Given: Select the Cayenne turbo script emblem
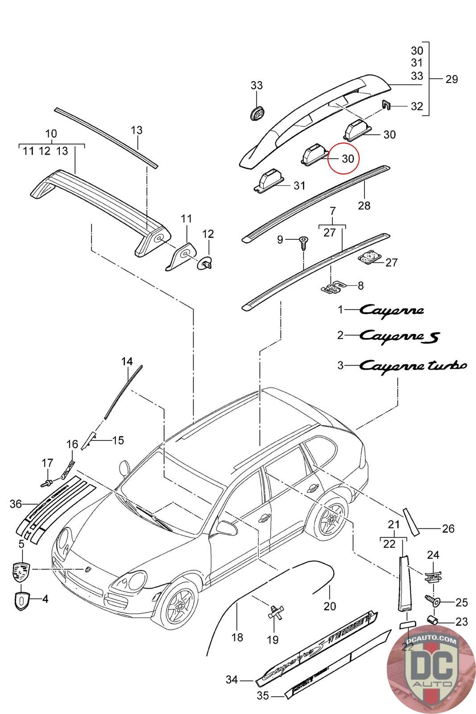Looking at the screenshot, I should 413,365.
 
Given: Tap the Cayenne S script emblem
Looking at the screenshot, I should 399,335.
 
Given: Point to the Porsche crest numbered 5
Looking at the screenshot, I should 21,572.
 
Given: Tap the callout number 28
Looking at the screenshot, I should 364,205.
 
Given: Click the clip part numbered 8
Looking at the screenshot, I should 333,286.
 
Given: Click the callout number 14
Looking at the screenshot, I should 127,361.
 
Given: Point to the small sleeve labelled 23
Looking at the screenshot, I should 432,620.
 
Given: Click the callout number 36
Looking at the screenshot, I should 16,504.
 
